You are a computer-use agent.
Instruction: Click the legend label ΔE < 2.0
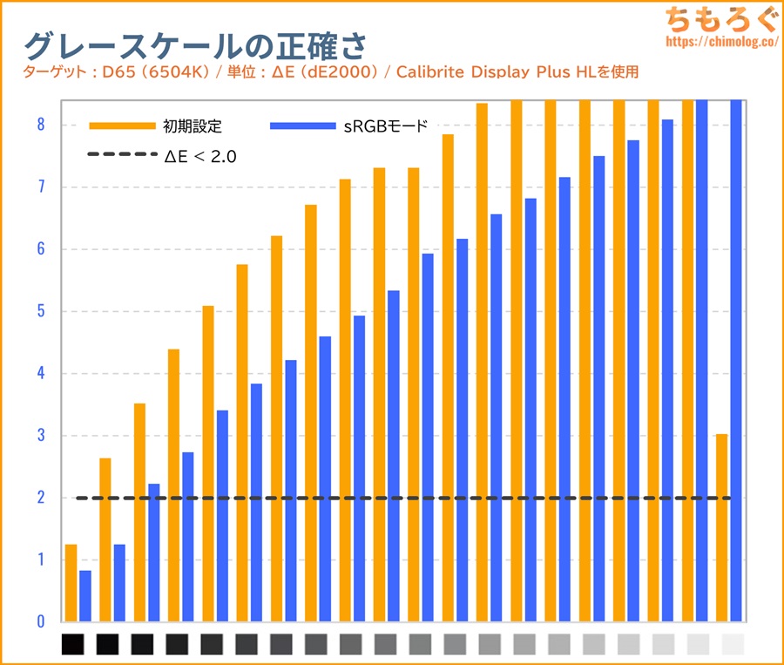pos(201,156)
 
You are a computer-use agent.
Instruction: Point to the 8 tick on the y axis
pos(40,125)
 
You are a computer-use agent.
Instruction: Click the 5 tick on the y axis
pos(40,311)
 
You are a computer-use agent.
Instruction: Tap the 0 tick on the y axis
pos(40,621)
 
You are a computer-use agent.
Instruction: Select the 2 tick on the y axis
pos(40,498)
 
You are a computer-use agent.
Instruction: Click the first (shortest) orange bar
pos(71,583)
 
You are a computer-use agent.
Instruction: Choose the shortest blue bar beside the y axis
pos(85,596)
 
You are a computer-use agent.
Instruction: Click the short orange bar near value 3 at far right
pos(721,527)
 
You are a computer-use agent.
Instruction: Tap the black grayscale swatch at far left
pos(73,644)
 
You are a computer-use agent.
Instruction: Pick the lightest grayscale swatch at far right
pos(733,644)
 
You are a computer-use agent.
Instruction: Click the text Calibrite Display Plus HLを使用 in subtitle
pos(517,71)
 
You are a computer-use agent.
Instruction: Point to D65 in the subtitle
pos(113,71)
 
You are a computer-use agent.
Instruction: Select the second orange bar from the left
pos(105,539)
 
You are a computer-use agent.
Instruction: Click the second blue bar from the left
pos(119,583)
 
